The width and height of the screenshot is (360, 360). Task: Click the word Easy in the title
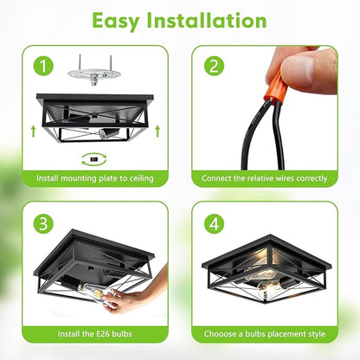(x=116, y=22)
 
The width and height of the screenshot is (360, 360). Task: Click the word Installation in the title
(x=207, y=20)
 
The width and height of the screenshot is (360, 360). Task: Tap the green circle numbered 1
(x=43, y=66)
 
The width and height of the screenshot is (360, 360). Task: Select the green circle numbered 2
(x=214, y=66)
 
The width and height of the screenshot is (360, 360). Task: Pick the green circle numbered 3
(x=43, y=223)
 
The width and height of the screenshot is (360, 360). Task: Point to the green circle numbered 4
(x=214, y=223)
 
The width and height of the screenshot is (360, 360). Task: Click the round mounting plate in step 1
(x=93, y=74)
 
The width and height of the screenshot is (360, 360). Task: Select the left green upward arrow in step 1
(x=34, y=131)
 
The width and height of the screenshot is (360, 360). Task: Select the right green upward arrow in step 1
(x=157, y=131)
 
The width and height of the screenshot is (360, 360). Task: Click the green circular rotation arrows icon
(x=94, y=159)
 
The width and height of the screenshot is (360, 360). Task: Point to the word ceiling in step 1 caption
(x=141, y=178)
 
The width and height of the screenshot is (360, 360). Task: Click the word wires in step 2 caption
(x=285, y=178)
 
